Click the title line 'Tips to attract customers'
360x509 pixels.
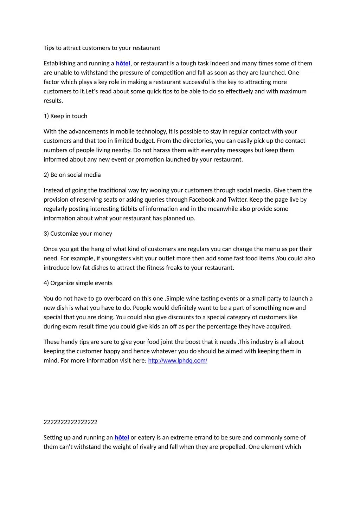(102, 48)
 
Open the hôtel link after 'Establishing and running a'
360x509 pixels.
(123, 64)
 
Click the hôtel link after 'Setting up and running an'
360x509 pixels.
(122, 438)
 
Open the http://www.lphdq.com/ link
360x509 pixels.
(178, 361)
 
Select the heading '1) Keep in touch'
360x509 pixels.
(65, 116)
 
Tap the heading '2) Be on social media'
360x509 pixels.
(72, 175)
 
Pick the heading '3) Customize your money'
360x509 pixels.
(78, 234)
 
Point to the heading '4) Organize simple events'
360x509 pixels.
(78, 283)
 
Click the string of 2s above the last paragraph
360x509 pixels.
(70, 422)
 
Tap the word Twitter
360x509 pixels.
(238, 200)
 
